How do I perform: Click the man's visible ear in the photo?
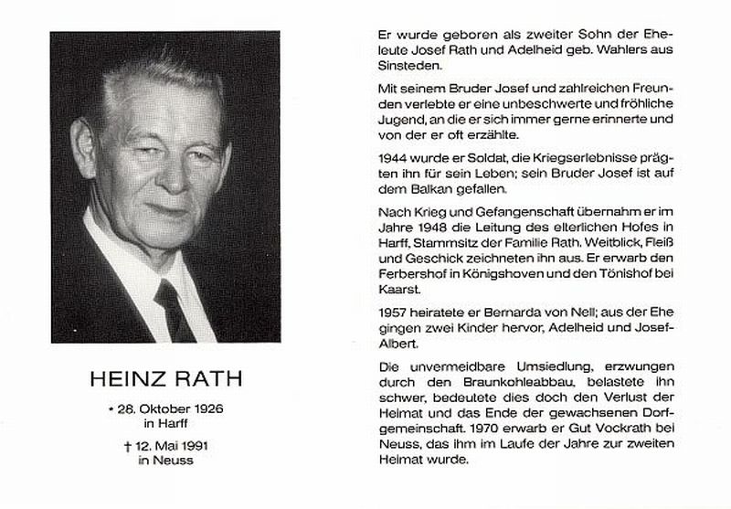[x=84, y=146]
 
